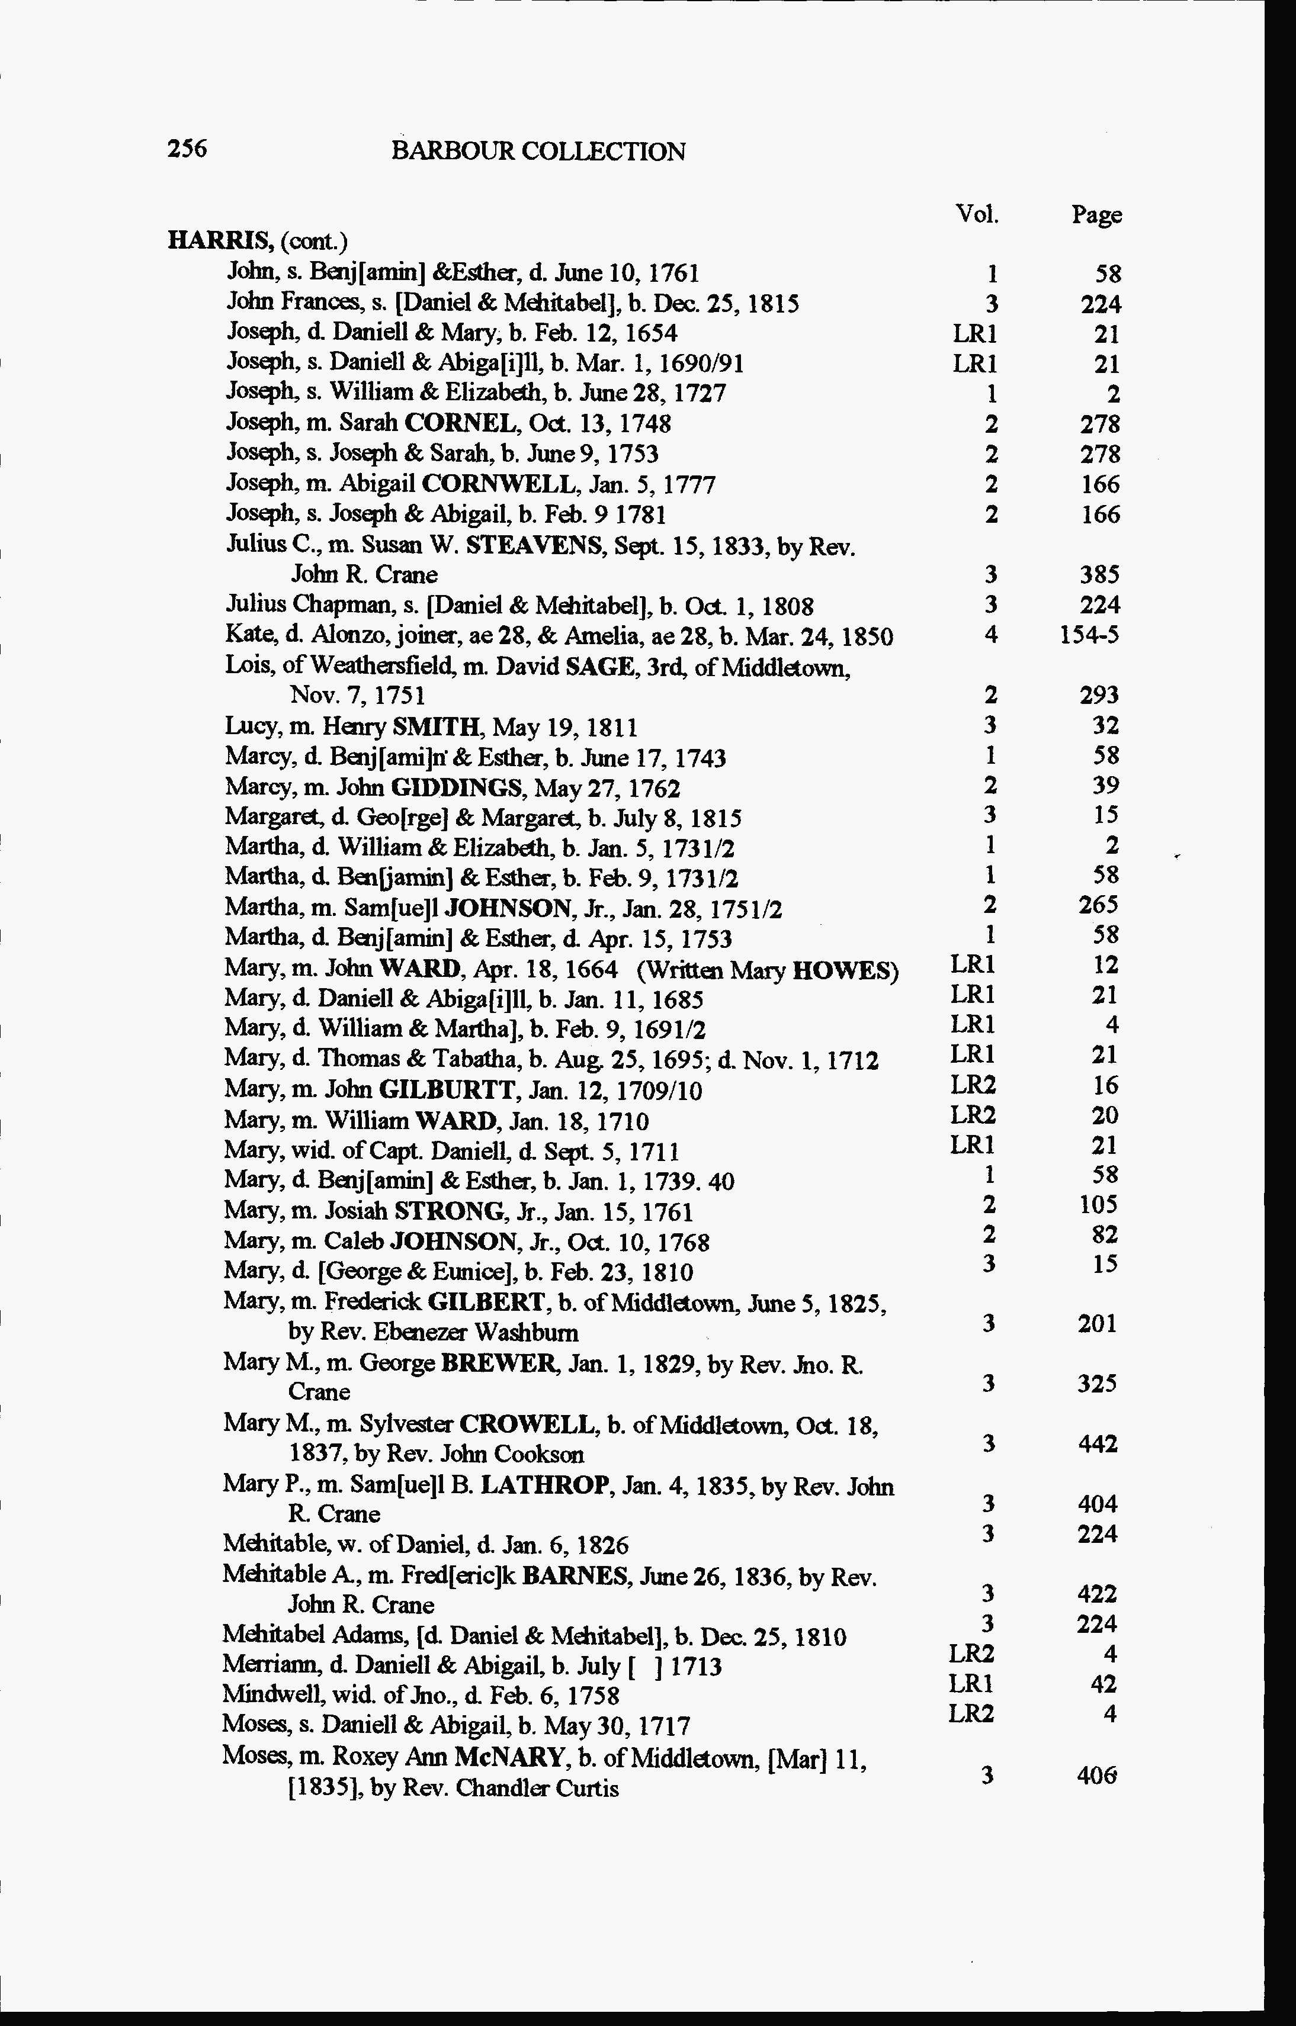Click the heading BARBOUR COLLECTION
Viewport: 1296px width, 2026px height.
538,152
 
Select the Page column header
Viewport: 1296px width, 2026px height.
1096,216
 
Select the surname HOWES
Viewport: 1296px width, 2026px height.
845,970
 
